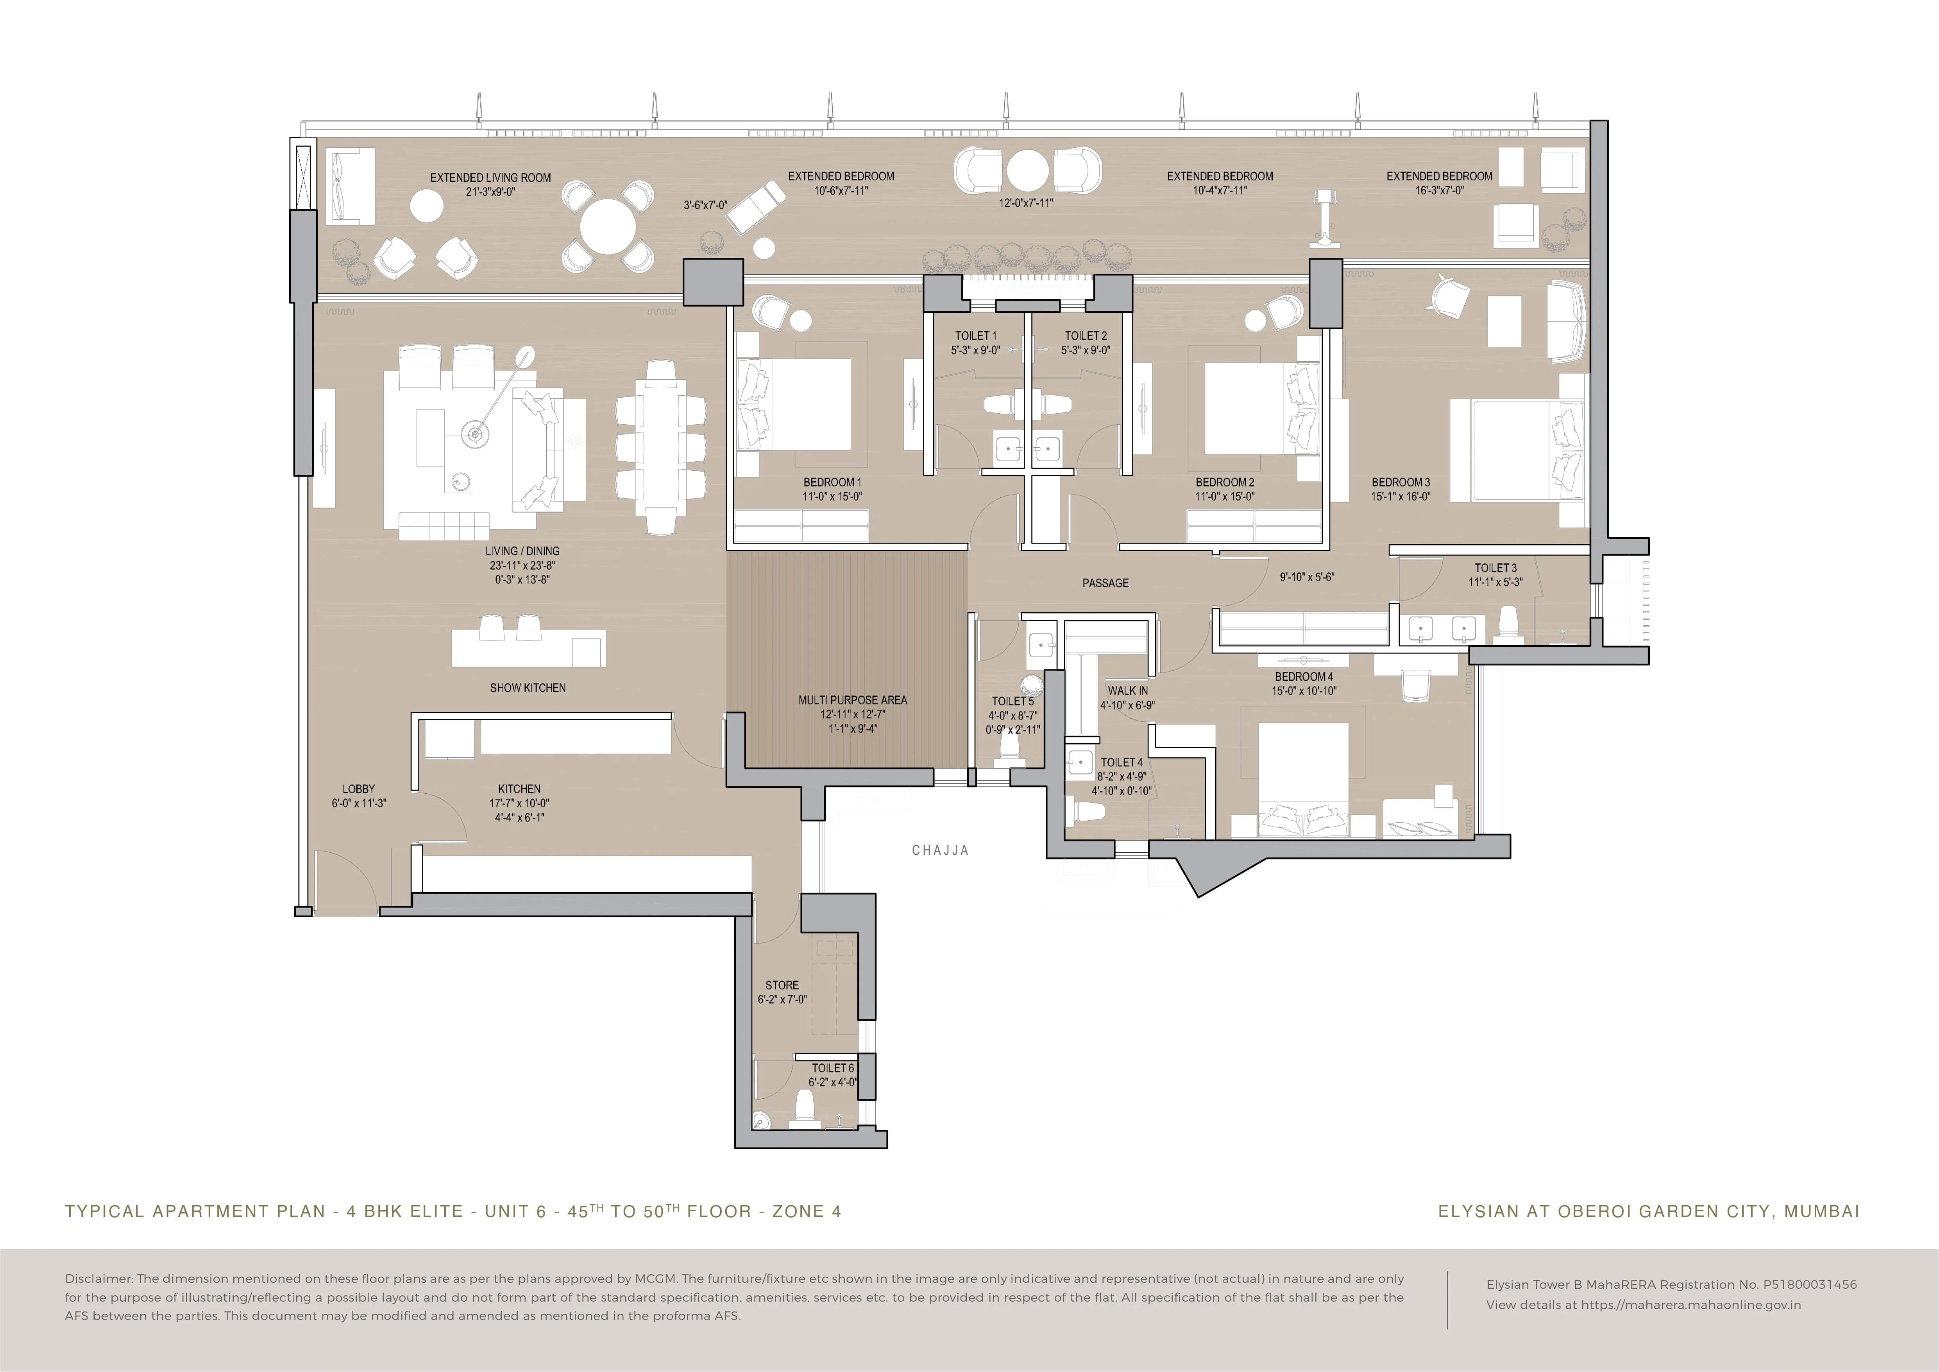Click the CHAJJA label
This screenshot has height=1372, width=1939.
point(940,851)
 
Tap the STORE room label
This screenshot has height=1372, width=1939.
point(782,985)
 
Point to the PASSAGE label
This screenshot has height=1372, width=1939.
point(1105,583)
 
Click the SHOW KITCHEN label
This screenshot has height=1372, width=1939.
point(528,688)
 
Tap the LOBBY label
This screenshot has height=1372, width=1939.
point(359,789)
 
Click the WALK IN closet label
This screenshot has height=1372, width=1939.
point(1128,690)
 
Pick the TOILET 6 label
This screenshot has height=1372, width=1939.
point(833,1068)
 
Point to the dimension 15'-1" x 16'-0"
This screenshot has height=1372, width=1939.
point(1401,497)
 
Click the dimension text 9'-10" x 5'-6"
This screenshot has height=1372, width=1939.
point(1306,577)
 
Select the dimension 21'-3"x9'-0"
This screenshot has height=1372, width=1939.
point(491,192)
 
